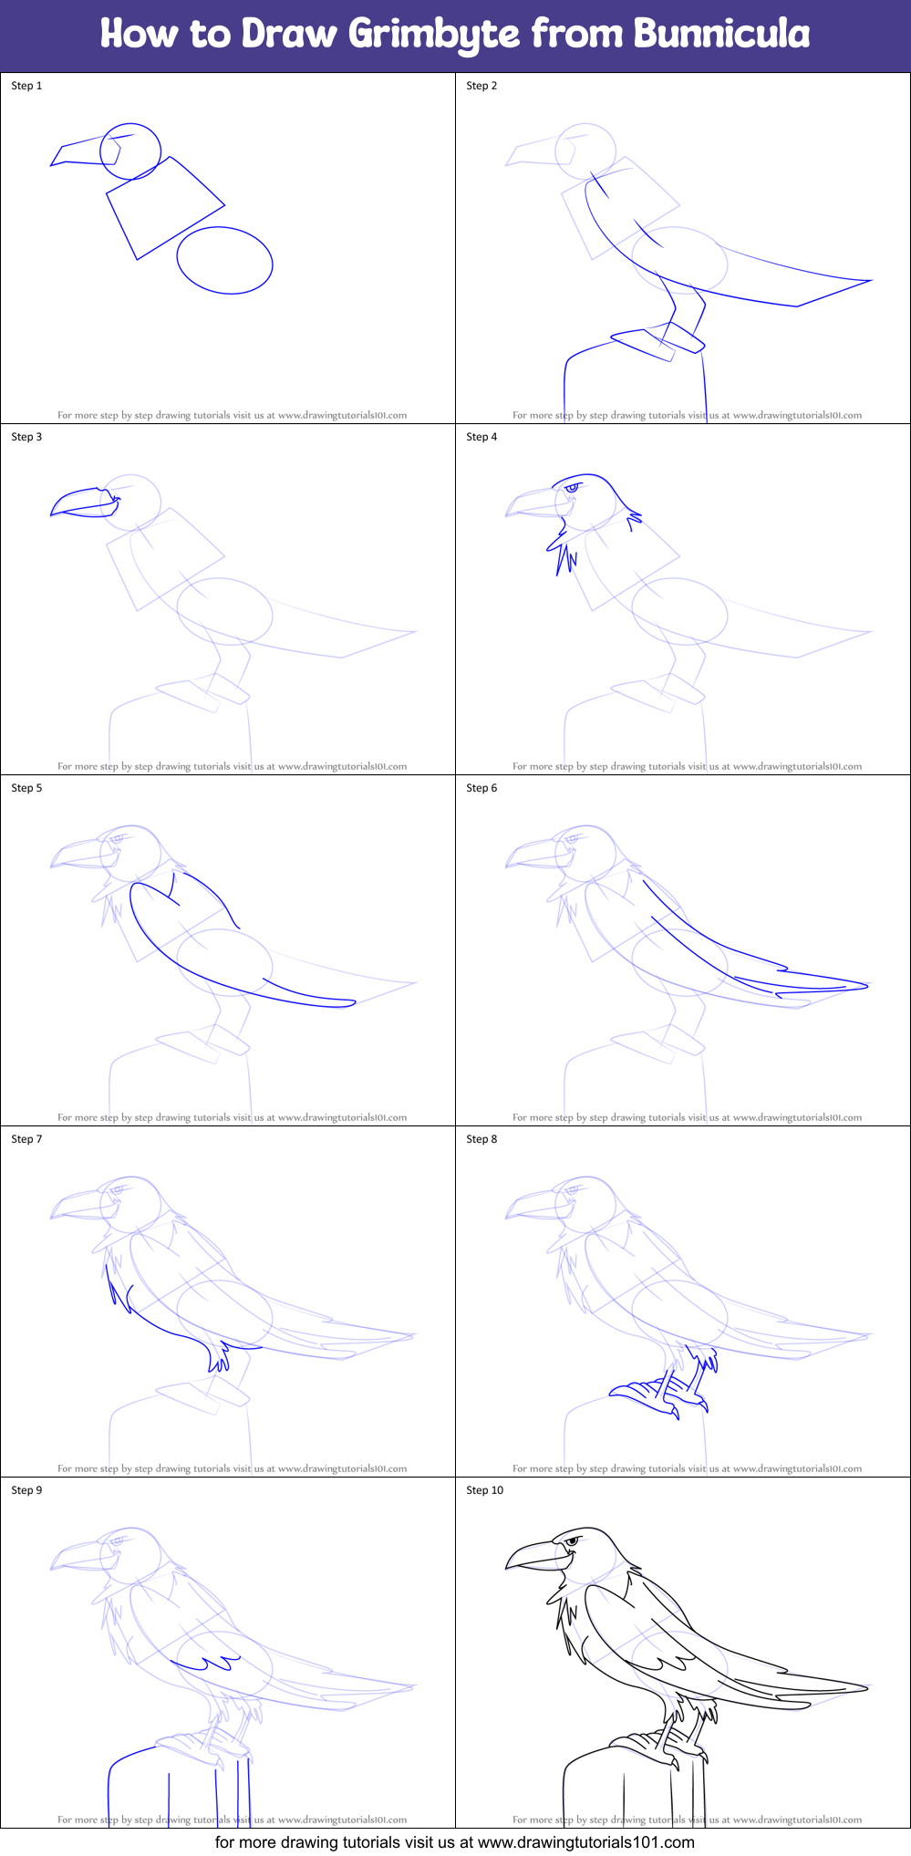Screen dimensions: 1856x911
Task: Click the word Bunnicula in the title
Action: coord(721,34)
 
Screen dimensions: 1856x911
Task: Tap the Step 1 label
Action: coord(26,86)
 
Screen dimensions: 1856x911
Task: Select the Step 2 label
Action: coord(481,86)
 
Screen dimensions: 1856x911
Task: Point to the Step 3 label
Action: coord(26,437)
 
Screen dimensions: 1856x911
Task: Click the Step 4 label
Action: coord(481,437)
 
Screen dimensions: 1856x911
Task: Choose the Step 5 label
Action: coord(26,788)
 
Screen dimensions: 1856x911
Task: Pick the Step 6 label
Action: coord(481,788)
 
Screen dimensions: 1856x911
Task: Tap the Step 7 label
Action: coord(26,1139)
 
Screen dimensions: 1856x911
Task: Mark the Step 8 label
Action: coord(481,1139)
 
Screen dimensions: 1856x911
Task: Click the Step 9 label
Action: coord(26,1490)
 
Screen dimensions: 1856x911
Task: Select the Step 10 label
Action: coord(484,1490)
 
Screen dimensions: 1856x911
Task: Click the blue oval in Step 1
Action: coord(224,261)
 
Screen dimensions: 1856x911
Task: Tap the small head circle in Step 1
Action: coord(130,151)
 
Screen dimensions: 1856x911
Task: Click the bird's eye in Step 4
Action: coord(572,488)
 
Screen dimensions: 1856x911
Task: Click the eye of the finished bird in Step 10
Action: coord(572,1541)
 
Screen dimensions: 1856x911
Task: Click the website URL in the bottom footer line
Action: coord(585,1842)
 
